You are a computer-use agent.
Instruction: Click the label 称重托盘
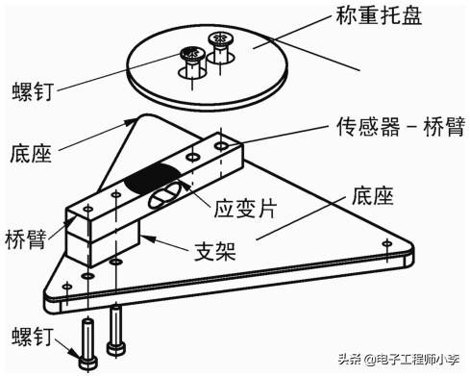379,15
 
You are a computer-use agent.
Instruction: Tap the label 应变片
245,209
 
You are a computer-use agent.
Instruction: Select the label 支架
215,251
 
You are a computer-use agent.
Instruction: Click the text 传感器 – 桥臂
401,127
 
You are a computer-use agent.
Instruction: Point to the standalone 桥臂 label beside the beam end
26,239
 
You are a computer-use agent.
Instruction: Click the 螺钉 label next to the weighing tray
33,91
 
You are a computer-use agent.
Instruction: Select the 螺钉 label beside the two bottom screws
33,337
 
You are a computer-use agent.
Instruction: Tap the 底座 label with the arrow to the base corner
31,153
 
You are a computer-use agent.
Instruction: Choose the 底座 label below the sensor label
373,195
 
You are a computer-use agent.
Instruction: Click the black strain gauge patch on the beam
151,178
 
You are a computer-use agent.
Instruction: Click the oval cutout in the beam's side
163,194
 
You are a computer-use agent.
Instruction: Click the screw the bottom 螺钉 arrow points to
87,343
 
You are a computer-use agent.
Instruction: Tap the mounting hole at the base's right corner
387,243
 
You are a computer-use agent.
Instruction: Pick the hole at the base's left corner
66,286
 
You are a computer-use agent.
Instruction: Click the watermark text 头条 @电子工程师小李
400,360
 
